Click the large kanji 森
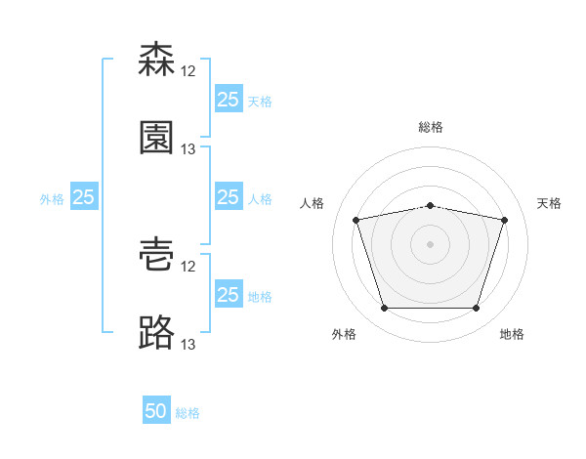[156, 59]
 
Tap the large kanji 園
[156, 138]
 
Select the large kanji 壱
[156, 255]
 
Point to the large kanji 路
[156, 332]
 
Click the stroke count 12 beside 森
[188, 71]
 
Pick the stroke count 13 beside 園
[188, 149]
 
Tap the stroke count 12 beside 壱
[188, 267]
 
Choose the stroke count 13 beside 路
[188, 345]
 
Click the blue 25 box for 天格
[229, 99]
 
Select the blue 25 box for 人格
[229, 196]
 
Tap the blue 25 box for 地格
[229, 293]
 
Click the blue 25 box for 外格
[84, 196]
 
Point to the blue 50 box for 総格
[156, 409]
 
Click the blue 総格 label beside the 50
[188, 413]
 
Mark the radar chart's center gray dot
[430, 244]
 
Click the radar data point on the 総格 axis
[430, 206]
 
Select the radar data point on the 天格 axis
[504, 220]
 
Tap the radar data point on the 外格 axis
[384, 308]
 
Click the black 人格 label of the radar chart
[312, 203]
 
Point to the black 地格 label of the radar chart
[512, 334]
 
